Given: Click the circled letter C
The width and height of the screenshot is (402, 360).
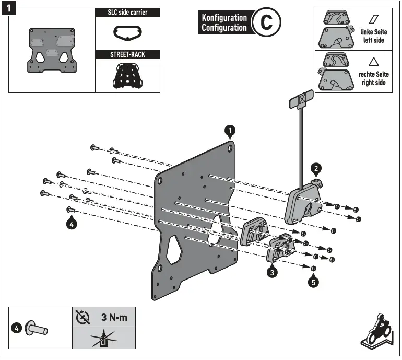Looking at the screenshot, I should tap(266, 22).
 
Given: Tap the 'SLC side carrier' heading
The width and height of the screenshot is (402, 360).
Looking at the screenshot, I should tap(128, 12).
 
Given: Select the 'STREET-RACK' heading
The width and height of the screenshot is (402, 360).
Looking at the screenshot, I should tap(128, 54).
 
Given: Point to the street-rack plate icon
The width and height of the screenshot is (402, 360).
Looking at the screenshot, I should tap(127, 75).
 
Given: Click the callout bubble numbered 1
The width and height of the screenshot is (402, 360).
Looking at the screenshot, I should tap(230, 130).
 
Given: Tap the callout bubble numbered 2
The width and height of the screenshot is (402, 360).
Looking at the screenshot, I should tap(316, 168).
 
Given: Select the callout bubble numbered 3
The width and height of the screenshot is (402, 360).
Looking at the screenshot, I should tap(271, 272).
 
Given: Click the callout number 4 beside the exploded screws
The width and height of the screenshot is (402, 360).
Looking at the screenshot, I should tap(72, 224).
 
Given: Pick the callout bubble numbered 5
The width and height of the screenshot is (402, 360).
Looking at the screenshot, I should tap(313, 282).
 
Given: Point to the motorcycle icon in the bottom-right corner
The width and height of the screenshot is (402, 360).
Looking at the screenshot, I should tap(376, 332).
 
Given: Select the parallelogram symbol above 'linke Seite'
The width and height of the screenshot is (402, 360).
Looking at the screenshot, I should tap(374, 19).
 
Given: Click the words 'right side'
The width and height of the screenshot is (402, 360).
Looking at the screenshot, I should tap(374, 83).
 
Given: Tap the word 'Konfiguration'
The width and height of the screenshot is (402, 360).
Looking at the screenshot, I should tap(224, 18).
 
